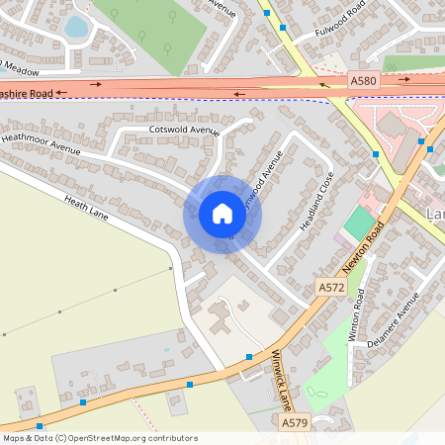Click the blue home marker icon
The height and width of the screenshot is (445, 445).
(x=222, y=214)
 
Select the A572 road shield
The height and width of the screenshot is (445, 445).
(x=330, y=287)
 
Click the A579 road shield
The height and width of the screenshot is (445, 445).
(x=293, y=423)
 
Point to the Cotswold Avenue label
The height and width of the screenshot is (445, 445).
(x=183, y=130)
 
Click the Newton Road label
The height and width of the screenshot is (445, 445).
(x=363, y=247)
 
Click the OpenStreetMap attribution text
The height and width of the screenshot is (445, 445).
(x=99, y=438)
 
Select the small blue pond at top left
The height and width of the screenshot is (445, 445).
(x=76, y=27)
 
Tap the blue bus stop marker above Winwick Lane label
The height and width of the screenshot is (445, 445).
(x=249, y=357)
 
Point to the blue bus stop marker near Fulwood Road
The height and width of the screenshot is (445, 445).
(x=282, y=28)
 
